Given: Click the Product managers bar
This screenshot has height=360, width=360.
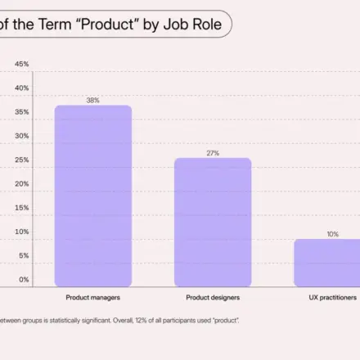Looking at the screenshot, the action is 93,196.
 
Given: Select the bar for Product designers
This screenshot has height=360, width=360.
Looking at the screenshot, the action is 213,223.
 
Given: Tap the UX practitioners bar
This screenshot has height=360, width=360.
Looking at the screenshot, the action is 327,263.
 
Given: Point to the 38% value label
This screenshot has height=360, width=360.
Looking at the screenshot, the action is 93,101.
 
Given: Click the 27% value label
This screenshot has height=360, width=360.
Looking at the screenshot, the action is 213,153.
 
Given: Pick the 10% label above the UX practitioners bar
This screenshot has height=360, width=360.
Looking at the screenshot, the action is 333,234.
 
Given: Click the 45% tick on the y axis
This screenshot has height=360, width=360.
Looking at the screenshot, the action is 22,64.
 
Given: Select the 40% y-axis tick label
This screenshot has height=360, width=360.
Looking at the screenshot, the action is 22,88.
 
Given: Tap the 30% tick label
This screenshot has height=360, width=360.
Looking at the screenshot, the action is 22,136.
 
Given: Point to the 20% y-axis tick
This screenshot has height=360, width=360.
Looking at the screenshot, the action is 22,184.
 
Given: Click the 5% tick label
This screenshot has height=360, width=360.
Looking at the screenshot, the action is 24,255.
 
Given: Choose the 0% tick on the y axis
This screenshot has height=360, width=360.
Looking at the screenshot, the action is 24,280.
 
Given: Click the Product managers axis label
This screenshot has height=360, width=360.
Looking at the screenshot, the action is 93,298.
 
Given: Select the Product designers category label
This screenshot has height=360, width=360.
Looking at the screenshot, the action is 213,298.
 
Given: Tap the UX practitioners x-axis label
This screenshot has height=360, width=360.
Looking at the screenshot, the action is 333,298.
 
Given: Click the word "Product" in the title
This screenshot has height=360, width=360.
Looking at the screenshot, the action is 107,24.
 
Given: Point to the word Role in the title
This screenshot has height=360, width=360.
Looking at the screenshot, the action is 207,24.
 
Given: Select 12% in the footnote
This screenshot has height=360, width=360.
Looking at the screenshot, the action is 141,321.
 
